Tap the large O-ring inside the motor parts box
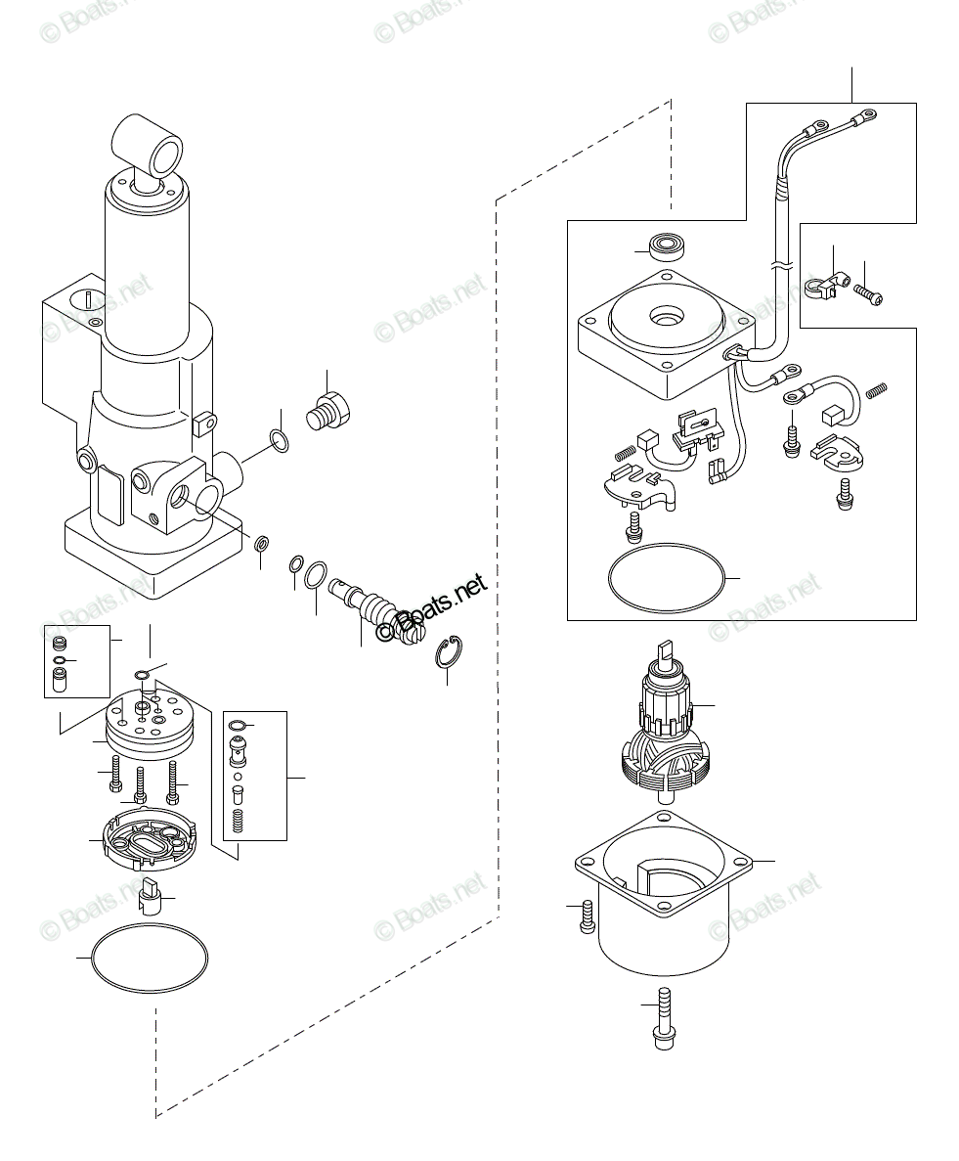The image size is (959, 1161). [x=667, y=580]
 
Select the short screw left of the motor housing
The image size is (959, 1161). [x=587, y=916]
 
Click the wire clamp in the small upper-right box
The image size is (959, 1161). [x=820, y=286]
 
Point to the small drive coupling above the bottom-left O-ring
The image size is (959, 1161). [x=151, y=893]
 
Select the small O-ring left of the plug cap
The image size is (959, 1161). [x=279, y=440]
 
